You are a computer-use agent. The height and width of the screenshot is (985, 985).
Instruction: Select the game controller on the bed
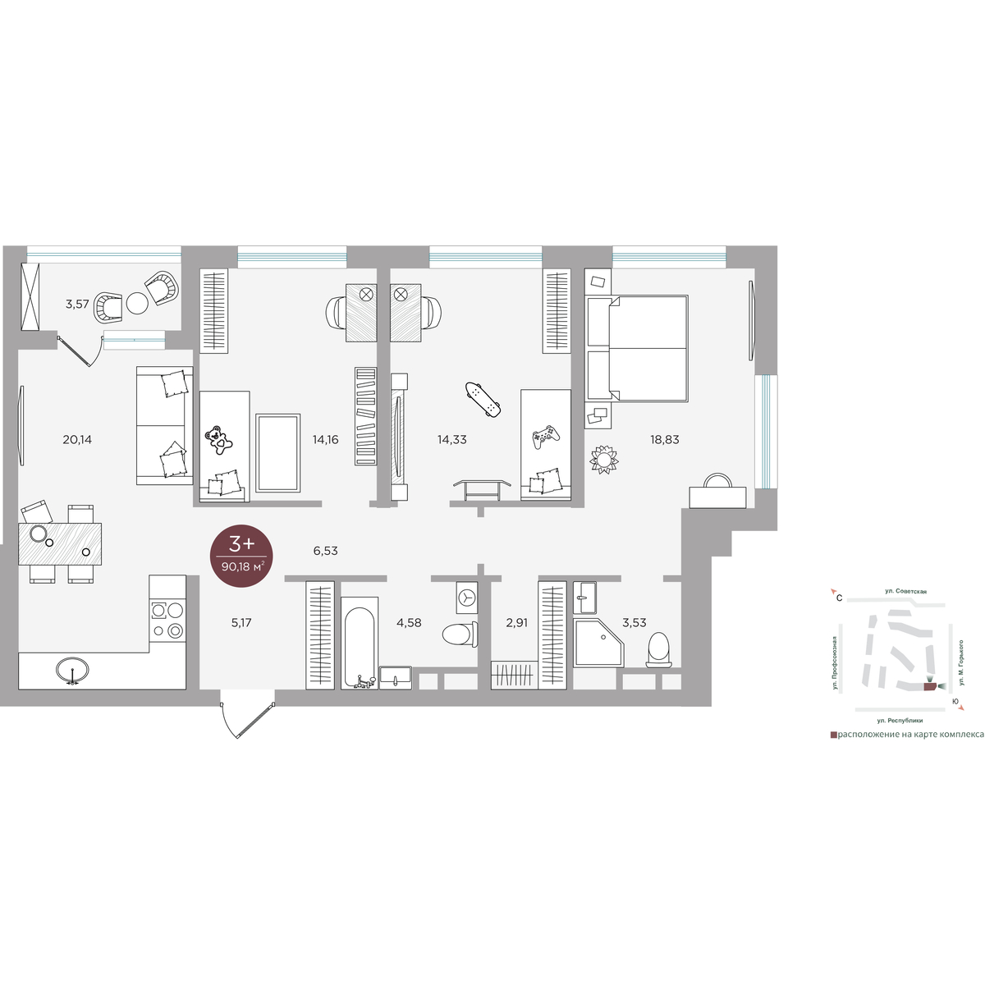[x=546, y=437]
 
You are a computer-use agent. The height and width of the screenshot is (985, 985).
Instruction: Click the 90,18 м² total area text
[x=242, y=566]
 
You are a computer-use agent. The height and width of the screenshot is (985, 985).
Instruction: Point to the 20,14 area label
[x=77, y=439]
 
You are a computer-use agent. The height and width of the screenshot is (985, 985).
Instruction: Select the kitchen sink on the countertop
[x=72, y=670]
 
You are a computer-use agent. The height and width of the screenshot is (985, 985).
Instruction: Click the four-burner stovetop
[x=167, y=621]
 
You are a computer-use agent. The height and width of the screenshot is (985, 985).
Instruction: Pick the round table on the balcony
[x=137, y=303]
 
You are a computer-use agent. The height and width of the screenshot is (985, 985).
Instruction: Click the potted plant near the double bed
[x=603, y=459]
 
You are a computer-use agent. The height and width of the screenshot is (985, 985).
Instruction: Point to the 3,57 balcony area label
[x=77, y=305]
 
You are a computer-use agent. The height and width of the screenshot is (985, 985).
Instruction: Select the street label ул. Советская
[x=905, y=591]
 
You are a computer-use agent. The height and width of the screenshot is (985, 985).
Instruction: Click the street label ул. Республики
[x=900, y=721]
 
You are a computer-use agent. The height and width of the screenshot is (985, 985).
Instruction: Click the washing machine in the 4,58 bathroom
[x=467, y=598]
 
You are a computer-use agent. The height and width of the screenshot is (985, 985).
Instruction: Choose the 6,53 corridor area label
[x=326, y=551]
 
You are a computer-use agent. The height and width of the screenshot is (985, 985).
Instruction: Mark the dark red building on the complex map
[x=930, y=686]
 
